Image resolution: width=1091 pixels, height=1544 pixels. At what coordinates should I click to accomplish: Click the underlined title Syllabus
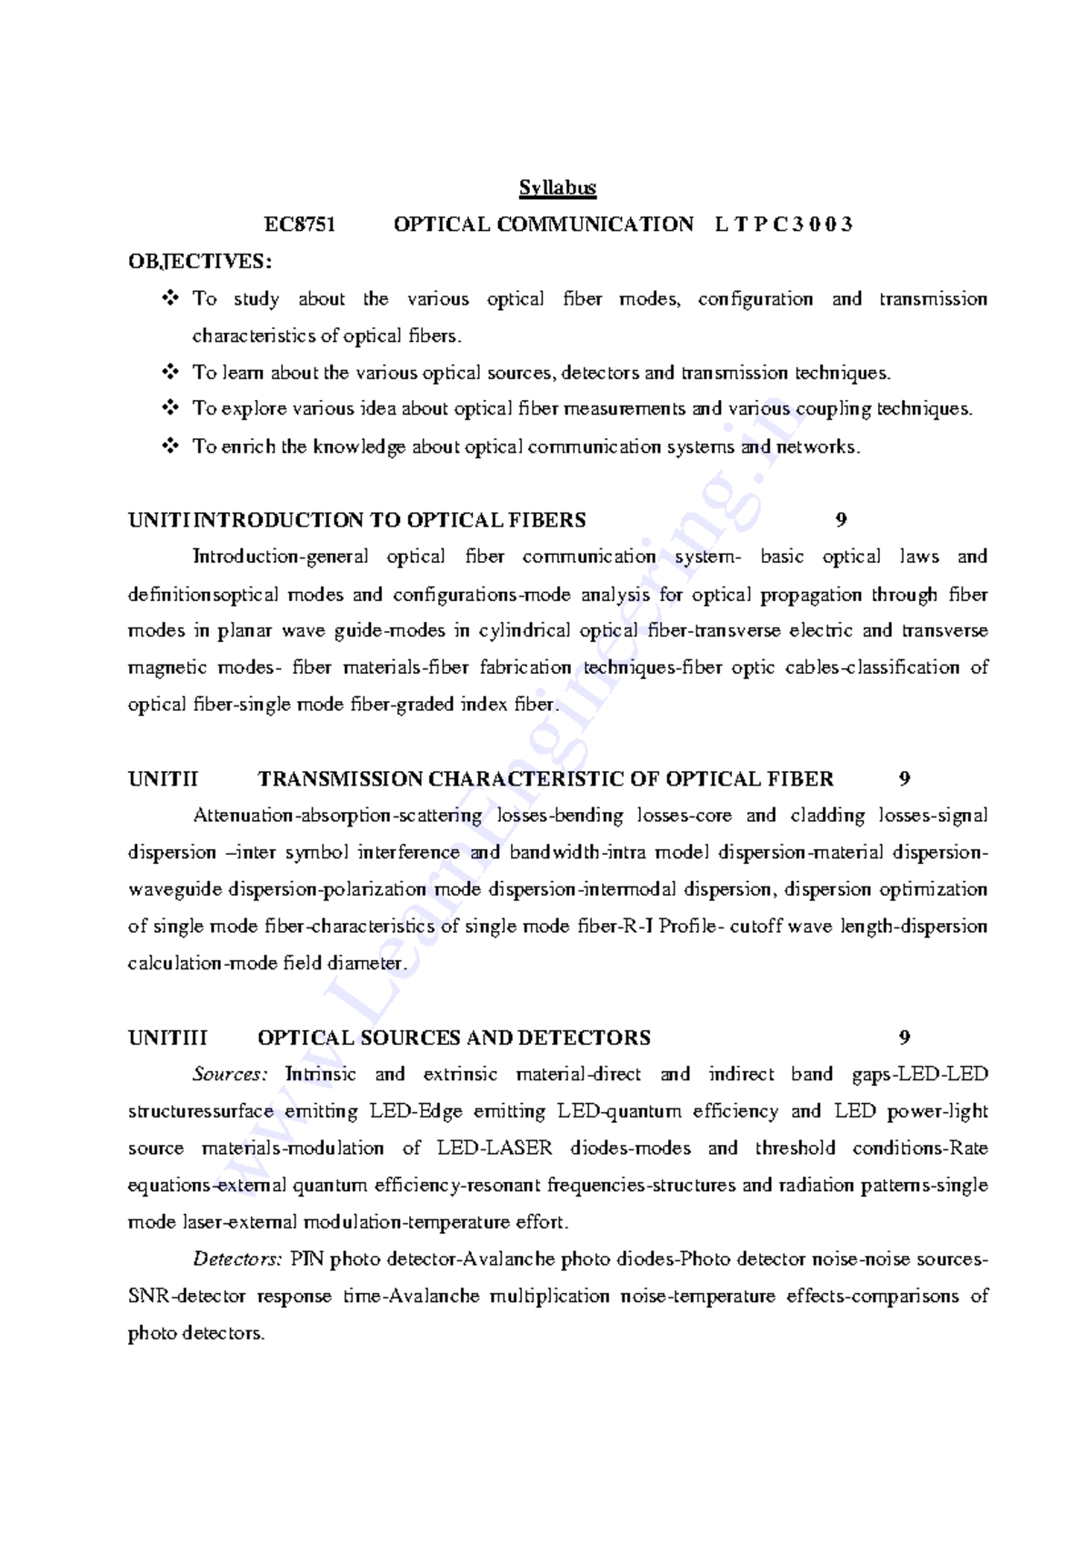point(557,188)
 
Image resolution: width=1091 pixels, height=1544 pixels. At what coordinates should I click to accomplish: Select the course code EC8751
point(300,225)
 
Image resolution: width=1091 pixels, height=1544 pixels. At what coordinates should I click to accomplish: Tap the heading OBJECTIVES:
point(200,262)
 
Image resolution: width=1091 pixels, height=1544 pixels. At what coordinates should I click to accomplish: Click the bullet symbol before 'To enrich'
point(170,446)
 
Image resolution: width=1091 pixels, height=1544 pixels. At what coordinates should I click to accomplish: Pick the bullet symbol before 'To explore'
point(170,408)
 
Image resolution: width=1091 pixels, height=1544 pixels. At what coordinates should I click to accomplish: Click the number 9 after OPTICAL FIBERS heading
point(841,520)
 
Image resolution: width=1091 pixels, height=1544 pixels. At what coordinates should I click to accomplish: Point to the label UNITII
point(163,779)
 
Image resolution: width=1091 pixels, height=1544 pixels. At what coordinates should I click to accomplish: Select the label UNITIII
point(167,1038)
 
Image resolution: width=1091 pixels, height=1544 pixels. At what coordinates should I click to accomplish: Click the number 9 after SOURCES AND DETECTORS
point(904,1038)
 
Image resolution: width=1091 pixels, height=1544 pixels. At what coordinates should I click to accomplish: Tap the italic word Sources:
point(230,1075)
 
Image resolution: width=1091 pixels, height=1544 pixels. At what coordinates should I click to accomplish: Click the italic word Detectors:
point(237,1259)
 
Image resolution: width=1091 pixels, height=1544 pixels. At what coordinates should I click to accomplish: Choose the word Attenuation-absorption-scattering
point(337,816)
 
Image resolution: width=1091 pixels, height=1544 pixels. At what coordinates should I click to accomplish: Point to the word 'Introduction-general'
point(280,556)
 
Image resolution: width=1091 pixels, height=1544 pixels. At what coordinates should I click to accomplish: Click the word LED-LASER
point(494,1148)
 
